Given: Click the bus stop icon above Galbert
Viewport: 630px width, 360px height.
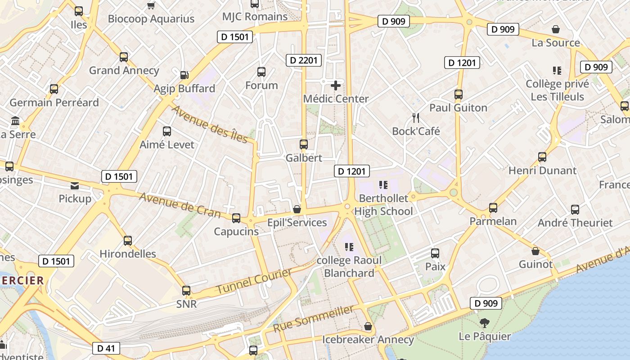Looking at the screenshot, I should tap(304, 144).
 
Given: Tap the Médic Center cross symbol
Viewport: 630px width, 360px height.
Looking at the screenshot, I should tap(336, 85).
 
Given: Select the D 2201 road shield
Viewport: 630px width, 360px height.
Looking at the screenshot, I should tap(304, 60).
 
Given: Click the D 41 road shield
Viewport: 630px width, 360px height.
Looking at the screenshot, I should tap(106, 348).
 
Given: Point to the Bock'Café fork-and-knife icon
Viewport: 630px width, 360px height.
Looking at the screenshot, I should tap(416, 118).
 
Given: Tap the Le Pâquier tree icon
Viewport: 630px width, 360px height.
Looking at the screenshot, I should tap(485, 323).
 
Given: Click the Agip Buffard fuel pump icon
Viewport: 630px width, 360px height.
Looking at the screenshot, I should tap(184, 75).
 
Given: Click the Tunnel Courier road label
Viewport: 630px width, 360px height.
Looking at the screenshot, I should tap(254, 281).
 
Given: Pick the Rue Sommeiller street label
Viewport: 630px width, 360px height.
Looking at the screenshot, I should tap(314, 319).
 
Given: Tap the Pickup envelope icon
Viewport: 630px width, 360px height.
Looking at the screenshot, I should tap(75, 185).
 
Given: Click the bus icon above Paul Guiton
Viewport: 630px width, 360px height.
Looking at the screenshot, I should tap(459, 94).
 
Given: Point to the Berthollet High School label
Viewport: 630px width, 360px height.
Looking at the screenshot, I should tap(383, 205).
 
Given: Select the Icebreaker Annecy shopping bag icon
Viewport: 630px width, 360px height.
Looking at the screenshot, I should tap(368, 326).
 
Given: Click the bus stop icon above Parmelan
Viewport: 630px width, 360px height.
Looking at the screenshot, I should tap(493, 208).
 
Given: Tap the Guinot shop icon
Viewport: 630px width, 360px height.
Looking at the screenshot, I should tap(535, 251).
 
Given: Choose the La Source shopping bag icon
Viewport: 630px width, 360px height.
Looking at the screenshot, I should tap(556, 30).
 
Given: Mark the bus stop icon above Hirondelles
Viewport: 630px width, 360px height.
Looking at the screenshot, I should tap(128, 240).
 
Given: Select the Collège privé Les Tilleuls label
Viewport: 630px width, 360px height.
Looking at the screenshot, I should tap(557, 90).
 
